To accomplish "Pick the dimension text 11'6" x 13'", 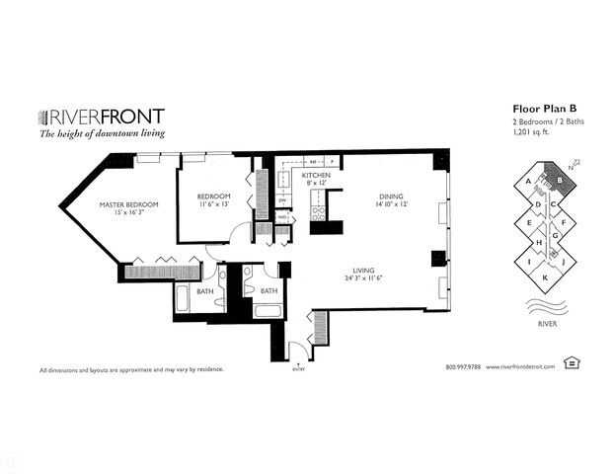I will [214, 205].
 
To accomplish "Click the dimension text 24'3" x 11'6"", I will [368, 279].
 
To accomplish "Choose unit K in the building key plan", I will [544, 278].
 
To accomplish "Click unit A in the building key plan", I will [530, 181].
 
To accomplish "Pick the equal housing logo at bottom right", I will [571, 363].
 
